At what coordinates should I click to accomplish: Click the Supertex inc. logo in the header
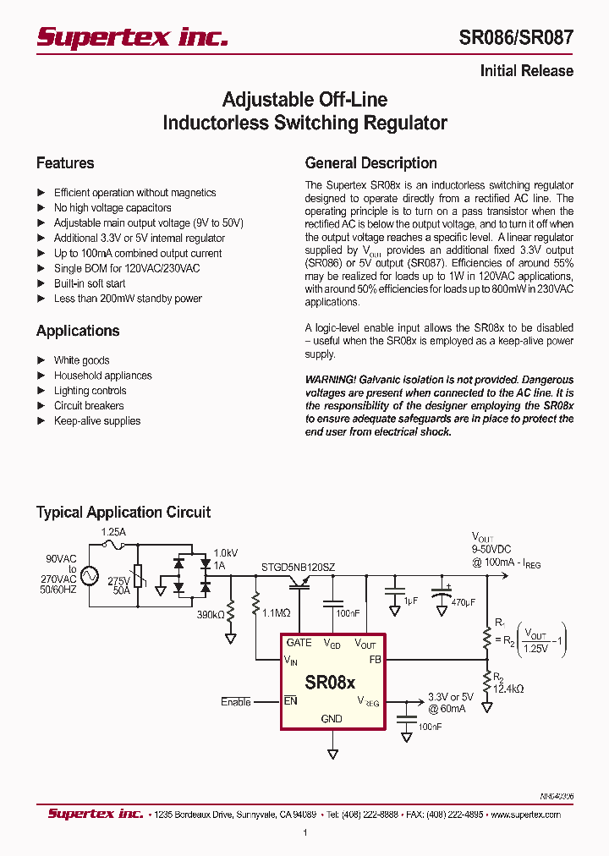pos(132,37)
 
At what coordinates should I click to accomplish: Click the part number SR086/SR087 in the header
pos(515,37)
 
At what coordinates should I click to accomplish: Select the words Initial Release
pos(526,71)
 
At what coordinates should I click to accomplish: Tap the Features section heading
pos(65,163)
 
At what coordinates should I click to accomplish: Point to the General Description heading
pos(370,163)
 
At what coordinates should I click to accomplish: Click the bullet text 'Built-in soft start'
pos(90,283)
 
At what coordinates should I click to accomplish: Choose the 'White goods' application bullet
pos(81,360)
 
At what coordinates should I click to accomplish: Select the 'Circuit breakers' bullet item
pos(89,406)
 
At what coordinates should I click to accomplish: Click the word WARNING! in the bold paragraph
pos(330,380)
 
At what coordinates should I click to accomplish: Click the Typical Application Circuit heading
pos(123,512)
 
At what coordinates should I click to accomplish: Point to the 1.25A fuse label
pos(112,533)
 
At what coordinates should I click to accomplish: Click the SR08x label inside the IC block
pos(330,682)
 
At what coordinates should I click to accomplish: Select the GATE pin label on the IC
pos(299,643)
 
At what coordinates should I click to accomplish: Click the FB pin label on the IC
pos(376,659)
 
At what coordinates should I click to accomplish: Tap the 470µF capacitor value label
pos(464,602)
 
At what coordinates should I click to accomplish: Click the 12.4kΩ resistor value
pos(507,689)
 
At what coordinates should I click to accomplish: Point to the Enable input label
pos(236,702)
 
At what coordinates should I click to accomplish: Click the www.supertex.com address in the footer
pos(525,815)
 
